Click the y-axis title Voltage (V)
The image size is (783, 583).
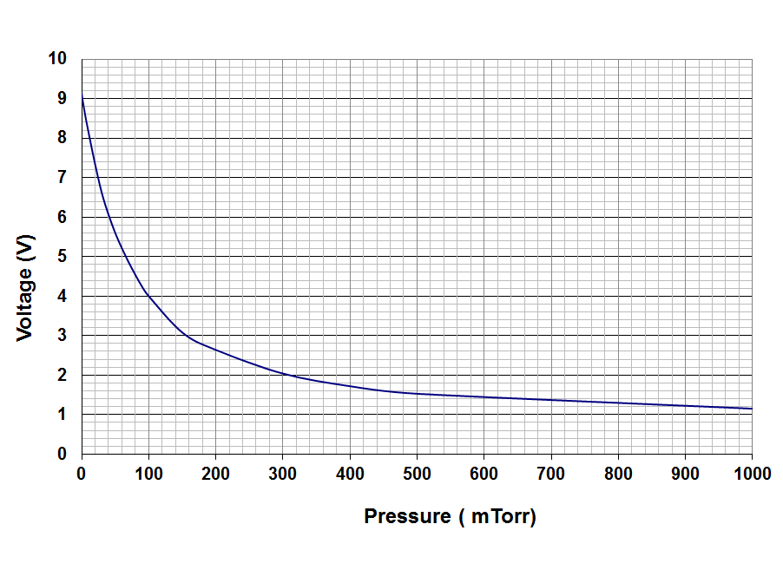click(x=25, y=287)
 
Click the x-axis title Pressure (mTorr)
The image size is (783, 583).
click(x=450, y=516)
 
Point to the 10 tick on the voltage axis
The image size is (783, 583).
click(x=57, y=59)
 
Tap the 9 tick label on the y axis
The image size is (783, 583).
click(x=62, y=99)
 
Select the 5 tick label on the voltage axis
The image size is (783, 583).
click(x=62, y=257)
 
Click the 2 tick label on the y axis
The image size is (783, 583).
click(x=62, y=376)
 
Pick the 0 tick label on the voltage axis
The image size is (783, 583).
click(x=62, y=454)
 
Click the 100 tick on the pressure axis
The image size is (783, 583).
click(x=148, y=473)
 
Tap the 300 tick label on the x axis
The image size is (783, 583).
click(x=282, y=473)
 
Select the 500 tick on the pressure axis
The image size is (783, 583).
click(x=417, y=473)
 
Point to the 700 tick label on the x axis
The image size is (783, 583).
click(x=550, y=473)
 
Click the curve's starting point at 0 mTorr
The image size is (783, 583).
click(x=82, y=95)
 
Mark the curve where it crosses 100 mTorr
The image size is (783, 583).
click(x=148, y=295)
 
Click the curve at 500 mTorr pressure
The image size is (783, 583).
click(x=417, y=394)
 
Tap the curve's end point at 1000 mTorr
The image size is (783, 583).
click(x=752, y=409)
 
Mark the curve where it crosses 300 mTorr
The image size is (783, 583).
click(x=282, y=373)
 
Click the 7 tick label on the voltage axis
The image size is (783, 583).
click(x=62, y=178)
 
